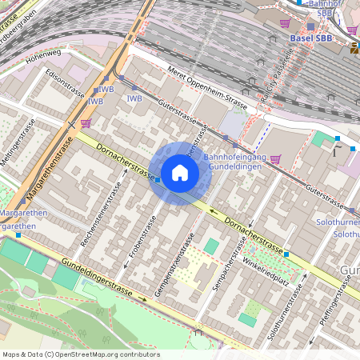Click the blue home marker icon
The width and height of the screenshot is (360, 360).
pyautogui.click(x=180, y=173)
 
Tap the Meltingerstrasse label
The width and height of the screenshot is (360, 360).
pyautogui.click(x=17, y=144)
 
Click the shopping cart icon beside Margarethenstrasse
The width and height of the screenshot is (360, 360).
pyautogui.click(x=86, y=122)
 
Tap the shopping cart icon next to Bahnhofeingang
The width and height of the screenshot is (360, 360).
pyautogui.click(x=276, y=158)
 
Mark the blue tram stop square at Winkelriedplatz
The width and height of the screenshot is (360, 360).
pyautogui.click(x=286, y=254)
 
